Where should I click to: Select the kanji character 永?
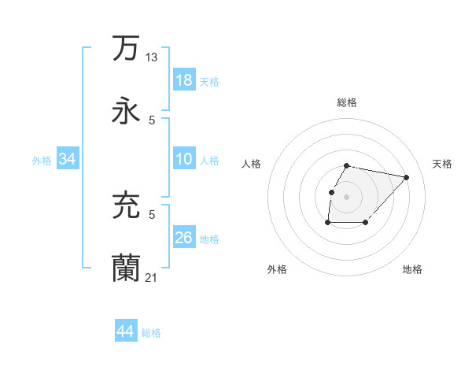[x=126, y=110]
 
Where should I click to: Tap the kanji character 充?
[x=126, y=205]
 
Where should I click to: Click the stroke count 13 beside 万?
[x=152, y=57]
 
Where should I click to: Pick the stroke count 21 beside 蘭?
[x=152, y=277]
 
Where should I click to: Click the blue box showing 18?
[x=184, y=80]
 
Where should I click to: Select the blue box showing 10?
[x=184, y=159]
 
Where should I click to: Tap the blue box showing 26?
[x=184, y=238]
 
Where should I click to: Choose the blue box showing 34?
[x=68, y=159]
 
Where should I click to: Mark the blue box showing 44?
[x=126, y=331]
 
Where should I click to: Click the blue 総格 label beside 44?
[x=151, y=333]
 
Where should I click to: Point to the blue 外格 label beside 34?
[x=42, y=160]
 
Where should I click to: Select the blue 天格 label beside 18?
[x=209, y=81]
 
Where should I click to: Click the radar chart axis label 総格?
[x=346, y=102]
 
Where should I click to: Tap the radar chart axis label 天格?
[x=442, y=164]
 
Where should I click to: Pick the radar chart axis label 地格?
[x=412, y=270]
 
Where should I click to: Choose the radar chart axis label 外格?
[x=277, y=270]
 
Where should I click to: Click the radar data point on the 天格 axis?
[x=406, y=177]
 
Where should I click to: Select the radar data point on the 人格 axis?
[x=331, y=192]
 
